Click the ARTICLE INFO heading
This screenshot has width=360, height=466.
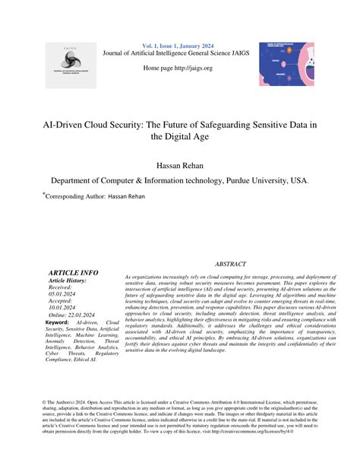73,272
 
